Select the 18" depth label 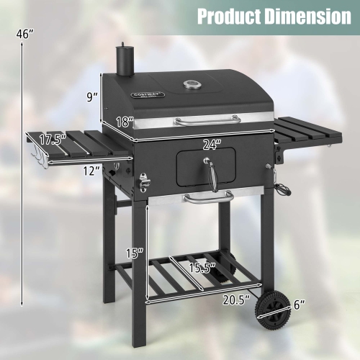[125, 122]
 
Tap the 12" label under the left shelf [91, 170]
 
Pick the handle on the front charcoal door [214, 173]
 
